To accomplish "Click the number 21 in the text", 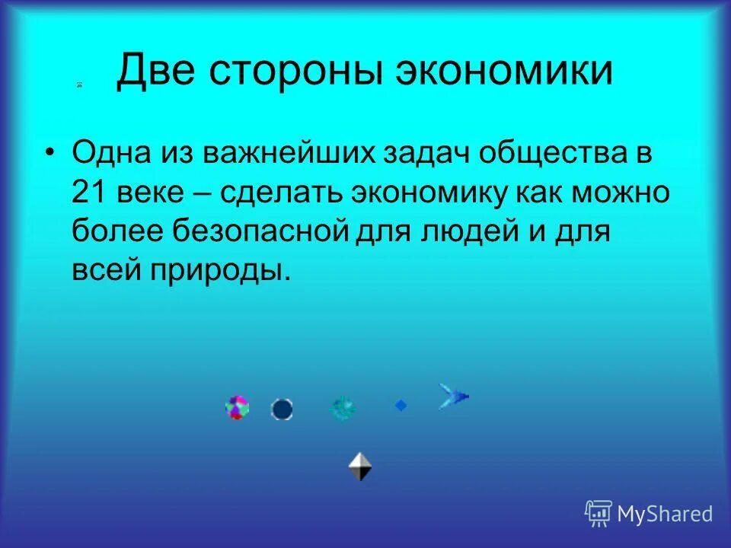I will (x=91, y=190).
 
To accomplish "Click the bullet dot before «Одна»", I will (x=50, y=154).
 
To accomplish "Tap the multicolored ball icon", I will (x=238, y=407).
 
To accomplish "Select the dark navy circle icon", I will (x=282, y=409).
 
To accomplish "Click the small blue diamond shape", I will (x=401, y=406).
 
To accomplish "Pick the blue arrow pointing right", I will (x=453, y=396).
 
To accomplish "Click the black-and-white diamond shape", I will (x=360, y=466).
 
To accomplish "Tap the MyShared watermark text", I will (x=664, y=514).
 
